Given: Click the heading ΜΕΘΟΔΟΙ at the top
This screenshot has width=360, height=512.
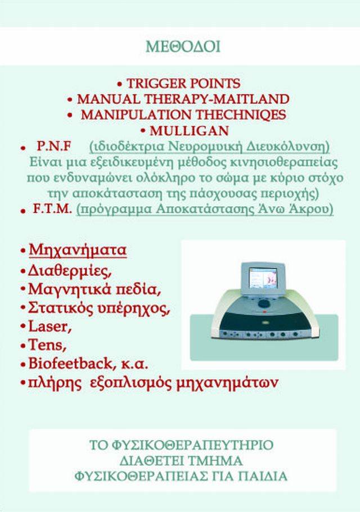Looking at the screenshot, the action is click(x=183, y=47).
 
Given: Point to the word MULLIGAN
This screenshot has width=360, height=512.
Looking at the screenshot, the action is click(x=189, y=131).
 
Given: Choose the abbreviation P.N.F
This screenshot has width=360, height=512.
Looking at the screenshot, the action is click(x=53, y=146).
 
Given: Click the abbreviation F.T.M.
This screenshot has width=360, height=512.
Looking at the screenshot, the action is click(x=52, y=209).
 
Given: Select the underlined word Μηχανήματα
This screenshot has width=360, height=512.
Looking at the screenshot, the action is click(x=78, y=251).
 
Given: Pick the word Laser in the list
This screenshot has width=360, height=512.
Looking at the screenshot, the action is click(x=50, y=326).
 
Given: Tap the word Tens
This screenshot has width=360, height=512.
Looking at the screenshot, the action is click(x=47, y=345).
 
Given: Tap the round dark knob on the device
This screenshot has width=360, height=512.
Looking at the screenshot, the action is click(x=264, y=305).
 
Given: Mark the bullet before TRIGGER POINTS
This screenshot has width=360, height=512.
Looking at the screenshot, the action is click(x=120, y=84).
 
